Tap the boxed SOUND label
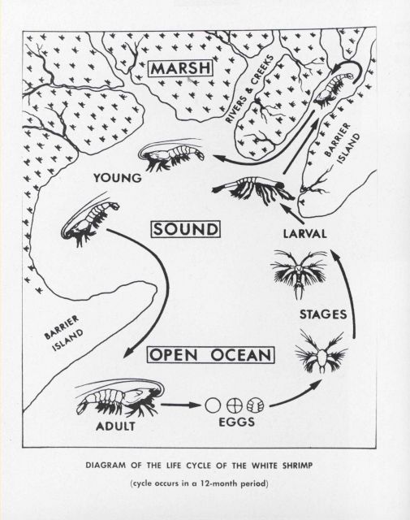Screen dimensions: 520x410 point(187,231)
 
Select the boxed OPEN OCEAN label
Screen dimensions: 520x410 point(211,356)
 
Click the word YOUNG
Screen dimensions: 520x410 point(118,176)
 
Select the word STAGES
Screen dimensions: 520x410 point(324,313)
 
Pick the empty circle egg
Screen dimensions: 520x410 point(214,404)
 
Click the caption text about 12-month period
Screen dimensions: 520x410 point(205,484)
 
